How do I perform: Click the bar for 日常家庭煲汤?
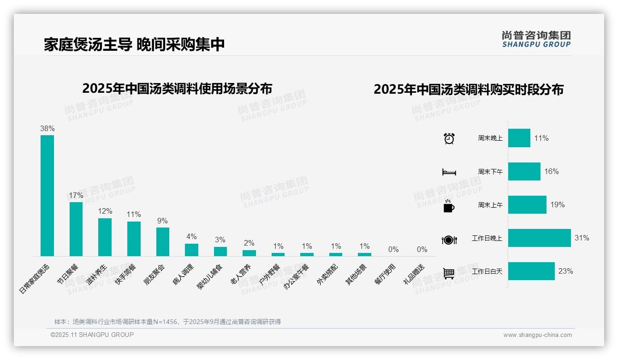(x=47, y=195)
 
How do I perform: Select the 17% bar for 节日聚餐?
(x=76, y=229)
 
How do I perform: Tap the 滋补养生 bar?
(x=105, y=237)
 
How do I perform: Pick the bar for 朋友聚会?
(x=162, y=241)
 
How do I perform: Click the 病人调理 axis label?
(x=184, y=275)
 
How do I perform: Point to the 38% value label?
(x=47, y=128)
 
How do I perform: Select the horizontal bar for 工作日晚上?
(x=539, y=238)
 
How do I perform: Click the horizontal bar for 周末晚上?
(x=519, y=138)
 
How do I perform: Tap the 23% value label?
(x=565, y=271)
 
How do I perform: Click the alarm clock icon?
(x=449, y=138)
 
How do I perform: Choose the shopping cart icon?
(x=449, y=273)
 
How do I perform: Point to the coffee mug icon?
(x=449, y=206)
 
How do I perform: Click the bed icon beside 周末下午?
(x=449, y=172)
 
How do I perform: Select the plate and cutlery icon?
(x=449, y=240)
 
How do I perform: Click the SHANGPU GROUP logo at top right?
(x=536, y=39)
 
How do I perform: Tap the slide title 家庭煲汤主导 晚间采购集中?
(x=134, y=44)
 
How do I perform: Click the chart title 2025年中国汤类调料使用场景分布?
(x=177, y=88)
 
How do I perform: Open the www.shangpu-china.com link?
(x=537, y=335)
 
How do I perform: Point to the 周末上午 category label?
(x=490, y=205)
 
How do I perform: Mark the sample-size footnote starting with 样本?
(x=167, y=322)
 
